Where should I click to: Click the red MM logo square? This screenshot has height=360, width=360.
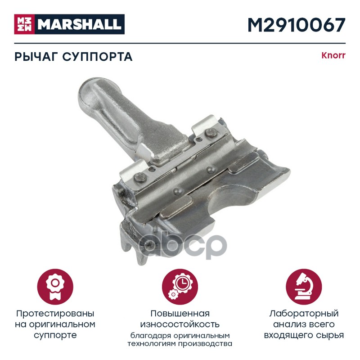pyautogui.click(x=24, y=24)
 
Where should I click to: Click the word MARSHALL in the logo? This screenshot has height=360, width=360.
pyautogui.click(x=80, y=24)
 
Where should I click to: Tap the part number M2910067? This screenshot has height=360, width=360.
pyautogui.click(x=297, y=25)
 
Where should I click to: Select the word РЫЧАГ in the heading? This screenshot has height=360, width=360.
pyautogui.click(x=36, y=57)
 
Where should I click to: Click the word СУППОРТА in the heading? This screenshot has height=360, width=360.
pyautogui.click(x=97, y=57)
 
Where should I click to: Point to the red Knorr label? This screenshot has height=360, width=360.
pyautogui.click(x=333, y=55)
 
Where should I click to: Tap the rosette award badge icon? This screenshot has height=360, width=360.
pyautogui.click(x=55, y=287)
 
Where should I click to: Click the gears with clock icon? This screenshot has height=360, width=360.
pyautogui.click(x=180, y=287)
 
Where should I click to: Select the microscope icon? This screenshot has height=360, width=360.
pyautogui.click(x=304, y=287)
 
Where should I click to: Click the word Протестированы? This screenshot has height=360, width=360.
pyautogui.click(x=55, y=314)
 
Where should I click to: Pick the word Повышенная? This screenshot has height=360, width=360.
pyautogui.click(x=180, y=314)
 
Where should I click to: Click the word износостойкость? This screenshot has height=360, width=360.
pyautogui.click(x=180, y=324)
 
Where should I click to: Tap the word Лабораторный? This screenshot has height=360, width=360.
pyautogui.click(x=304, y=314)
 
